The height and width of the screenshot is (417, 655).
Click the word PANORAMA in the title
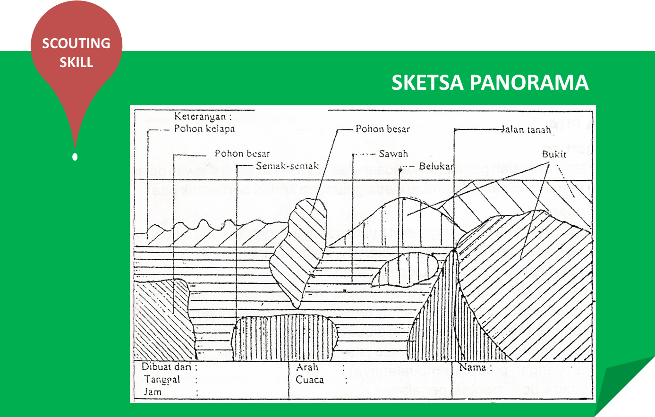(529, 83)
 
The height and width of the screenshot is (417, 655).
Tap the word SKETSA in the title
(428, 83)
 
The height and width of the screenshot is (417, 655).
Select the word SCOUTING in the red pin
(76, 43)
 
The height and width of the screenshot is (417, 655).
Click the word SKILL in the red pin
(76, 62)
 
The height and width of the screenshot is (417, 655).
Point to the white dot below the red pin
(75, 157)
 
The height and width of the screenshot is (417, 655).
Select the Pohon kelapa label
(204, 128)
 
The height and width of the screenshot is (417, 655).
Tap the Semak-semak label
(287, 166)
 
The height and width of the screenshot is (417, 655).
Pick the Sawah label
(393, 154)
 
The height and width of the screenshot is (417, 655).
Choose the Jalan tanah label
(526, 130)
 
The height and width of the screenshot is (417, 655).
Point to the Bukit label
(554, 154)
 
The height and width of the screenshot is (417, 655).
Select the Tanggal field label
(162, 379)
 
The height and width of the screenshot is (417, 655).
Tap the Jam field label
(153, 391)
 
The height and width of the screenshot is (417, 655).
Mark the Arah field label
(307, 367)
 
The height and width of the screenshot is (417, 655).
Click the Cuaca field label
(310, 380)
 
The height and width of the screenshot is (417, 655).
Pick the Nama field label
(473, 367)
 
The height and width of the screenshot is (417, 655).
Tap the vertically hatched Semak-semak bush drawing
(285, 338)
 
